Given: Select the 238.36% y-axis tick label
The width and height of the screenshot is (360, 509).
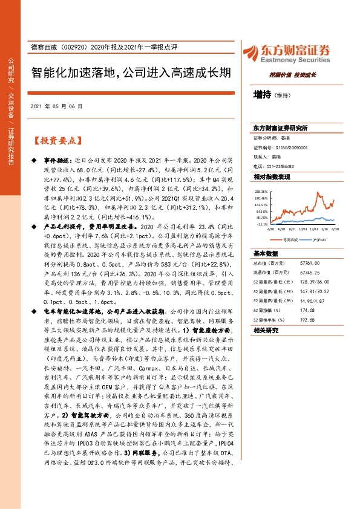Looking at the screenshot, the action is pyautogui.click(x=261, y=190).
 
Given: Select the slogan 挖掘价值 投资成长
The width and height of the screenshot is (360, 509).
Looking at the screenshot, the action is pyautogui.click(x=296, y=75).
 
